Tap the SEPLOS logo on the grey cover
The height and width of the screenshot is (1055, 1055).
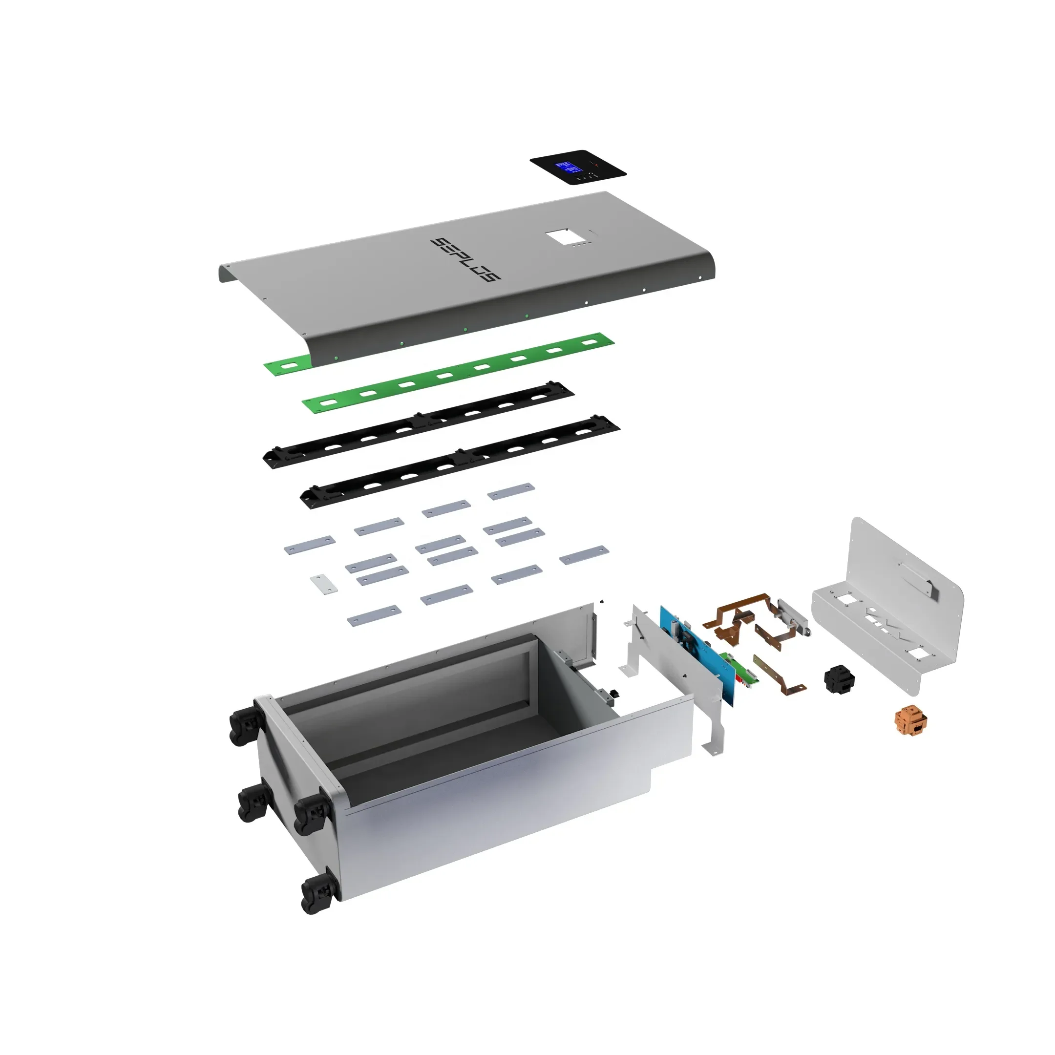466,259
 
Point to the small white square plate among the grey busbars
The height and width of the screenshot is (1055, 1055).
324,584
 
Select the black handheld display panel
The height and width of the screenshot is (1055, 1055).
578,167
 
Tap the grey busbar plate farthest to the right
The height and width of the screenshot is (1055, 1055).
584,554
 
